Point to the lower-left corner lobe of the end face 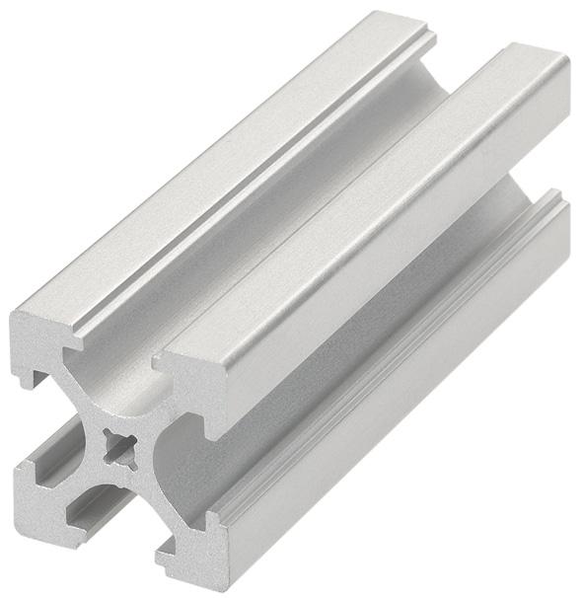pos(44,493)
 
